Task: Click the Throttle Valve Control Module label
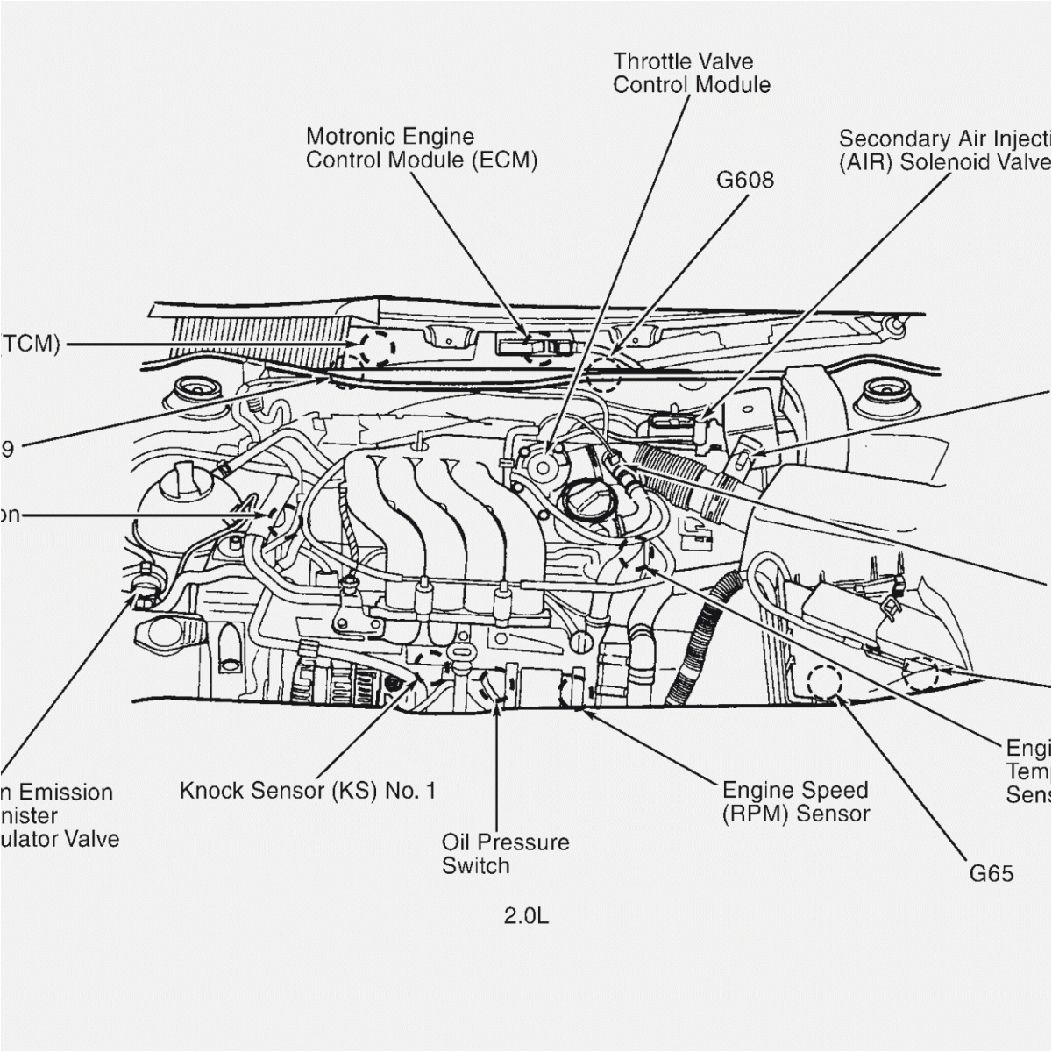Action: coord(691,73)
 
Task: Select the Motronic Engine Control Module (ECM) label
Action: coord(421,148)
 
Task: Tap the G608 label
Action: coord(745,180)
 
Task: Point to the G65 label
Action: coord(991,873)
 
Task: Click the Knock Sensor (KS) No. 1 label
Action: coord(307,791)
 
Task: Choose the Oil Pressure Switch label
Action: coord(505,854)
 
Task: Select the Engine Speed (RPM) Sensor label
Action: coord(795,801)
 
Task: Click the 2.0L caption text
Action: coord(526,917)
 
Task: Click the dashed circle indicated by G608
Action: coord(603,375)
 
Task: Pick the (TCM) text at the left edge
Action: coord(29,344)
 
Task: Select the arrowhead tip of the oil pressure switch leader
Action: coord(497,707)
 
